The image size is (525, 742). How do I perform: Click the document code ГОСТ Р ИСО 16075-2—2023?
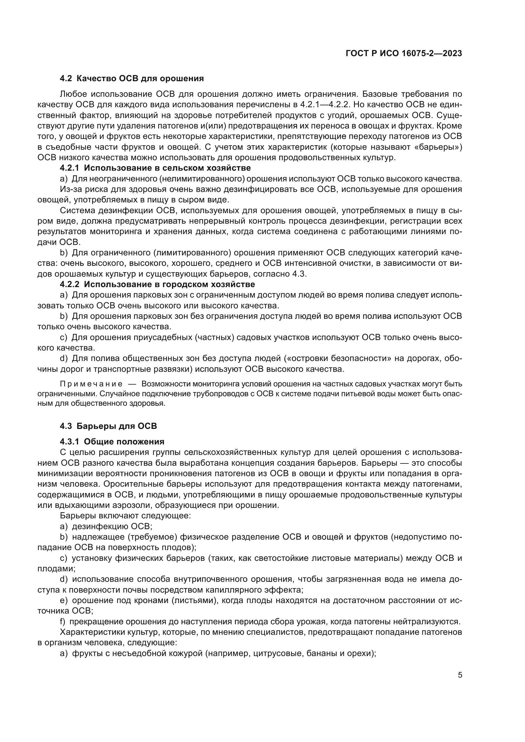[x=403, y=54]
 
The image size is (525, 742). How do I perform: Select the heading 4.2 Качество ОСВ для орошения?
[x=132, y=79]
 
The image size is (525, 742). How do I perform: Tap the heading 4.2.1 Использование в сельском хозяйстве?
[x=155, y=168]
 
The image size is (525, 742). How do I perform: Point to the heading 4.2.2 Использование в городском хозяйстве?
[x=157, y=284]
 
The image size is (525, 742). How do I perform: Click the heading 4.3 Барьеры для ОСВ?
[x=108, y=426]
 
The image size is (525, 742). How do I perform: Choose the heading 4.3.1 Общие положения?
[x=112, y=442]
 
